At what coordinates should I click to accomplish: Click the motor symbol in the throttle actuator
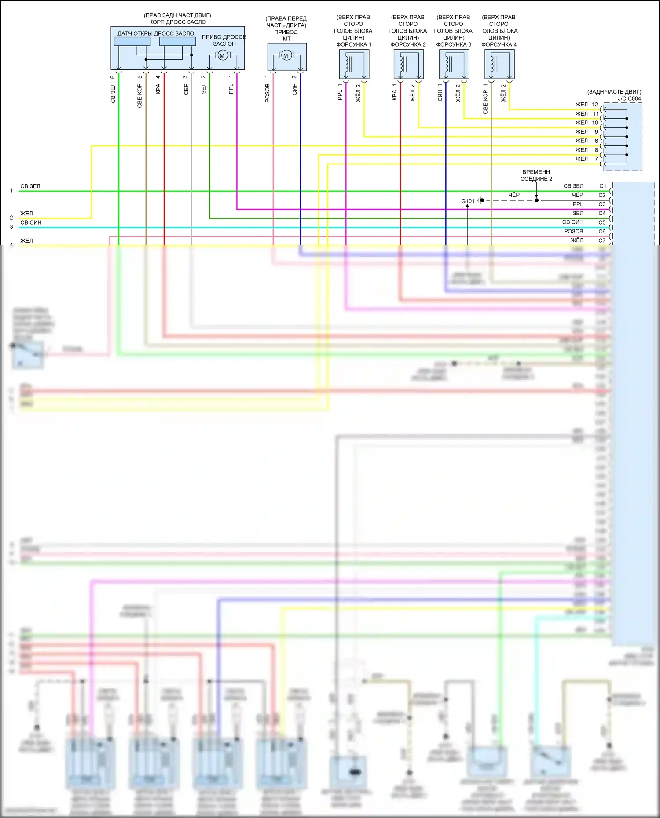tap(222, 55)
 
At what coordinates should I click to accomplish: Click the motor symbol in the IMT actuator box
tap(286, 55)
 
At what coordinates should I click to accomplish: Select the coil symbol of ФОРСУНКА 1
tap(348, 63)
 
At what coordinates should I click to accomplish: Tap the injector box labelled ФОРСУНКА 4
tap(499, 64)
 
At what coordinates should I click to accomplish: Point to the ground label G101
tap(468, 201)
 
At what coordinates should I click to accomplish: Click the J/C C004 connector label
tap(629, 98)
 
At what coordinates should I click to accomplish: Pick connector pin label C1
tap(602, 186)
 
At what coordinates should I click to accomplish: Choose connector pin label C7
tap(602, 240)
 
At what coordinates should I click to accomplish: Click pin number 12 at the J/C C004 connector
tap(595, 105)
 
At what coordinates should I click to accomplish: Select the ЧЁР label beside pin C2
tap(577, 195)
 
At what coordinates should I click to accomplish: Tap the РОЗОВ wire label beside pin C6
tap(573, 231)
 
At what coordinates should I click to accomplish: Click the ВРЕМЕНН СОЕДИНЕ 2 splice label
tap(536, 175)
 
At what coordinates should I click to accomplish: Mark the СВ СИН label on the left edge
tap(31, 222)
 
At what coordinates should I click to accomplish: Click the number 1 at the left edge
tap(11, 191)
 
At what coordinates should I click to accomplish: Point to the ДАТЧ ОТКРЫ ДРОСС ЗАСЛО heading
tap(155, 33)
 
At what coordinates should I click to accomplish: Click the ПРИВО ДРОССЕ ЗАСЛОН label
tap(224, 40)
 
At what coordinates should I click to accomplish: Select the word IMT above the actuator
tap(286, 39)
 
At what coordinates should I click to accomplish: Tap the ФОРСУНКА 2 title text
tap(408, 44)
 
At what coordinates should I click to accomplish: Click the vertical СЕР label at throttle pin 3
tap(186, 89)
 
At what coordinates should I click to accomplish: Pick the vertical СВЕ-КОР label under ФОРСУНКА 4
tap(485, 102)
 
